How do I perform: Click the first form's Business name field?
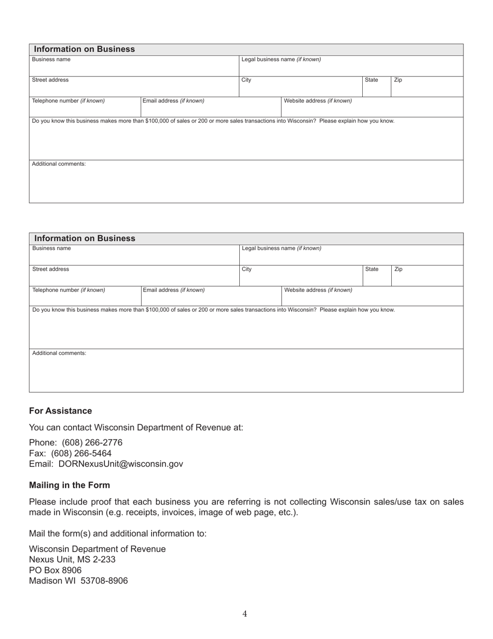(133, 67)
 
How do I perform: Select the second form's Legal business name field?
(351, 256)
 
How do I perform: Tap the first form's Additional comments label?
(59, 164)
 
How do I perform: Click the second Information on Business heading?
(85, 238)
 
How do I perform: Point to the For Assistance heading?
(60, 411)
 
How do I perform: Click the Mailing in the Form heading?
(70, 485)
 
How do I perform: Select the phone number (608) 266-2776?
(92, 443)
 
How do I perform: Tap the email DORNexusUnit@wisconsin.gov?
(120, 464)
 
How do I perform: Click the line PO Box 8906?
(55, 570)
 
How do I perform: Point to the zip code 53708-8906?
(104, 581)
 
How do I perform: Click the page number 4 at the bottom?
(245, 614)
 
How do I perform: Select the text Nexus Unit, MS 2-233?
(72, 560)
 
